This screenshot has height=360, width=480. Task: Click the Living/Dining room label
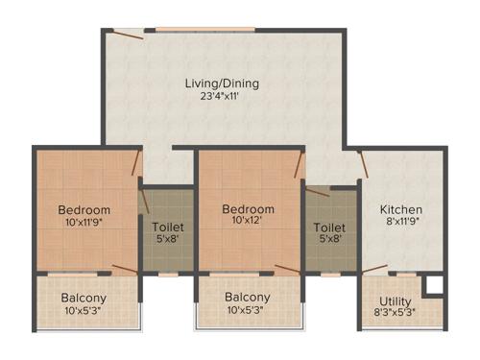222,84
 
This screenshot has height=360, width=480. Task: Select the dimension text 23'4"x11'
222,97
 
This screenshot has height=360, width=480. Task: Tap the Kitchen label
400,209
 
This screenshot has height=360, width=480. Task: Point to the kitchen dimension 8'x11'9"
400,223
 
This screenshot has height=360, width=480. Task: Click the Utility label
395,300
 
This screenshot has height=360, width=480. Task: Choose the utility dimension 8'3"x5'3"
395,313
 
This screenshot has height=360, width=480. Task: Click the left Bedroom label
84,209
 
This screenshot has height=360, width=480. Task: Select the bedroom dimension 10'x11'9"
84,223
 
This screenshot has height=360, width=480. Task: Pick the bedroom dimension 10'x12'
248,223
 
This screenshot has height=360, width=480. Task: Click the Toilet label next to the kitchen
325,228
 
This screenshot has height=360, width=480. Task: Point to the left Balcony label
84,298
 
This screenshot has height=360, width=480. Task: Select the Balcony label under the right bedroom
248,298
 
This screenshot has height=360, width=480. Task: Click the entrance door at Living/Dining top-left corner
126,36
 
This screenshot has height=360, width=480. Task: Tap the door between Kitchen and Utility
375,270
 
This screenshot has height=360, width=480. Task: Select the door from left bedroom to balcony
124,270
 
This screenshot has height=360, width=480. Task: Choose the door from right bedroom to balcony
286,270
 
